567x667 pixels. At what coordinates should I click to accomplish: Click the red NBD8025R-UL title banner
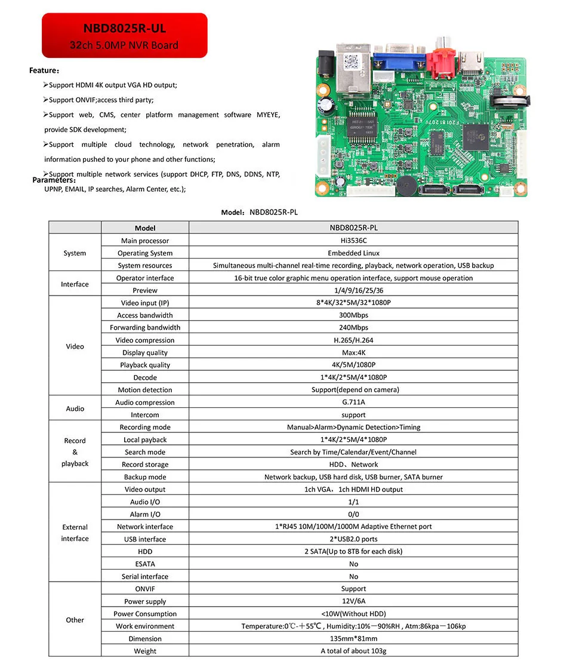tap(124, 36)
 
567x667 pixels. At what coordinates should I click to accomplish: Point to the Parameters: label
tap(54, 180)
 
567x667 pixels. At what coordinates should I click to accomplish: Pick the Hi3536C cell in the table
tap(353, 241)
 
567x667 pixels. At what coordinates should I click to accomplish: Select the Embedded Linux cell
tap(353, 253)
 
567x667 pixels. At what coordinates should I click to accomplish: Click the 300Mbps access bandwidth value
tap(353, 315)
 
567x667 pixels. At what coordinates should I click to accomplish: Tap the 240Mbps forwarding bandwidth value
tap(353, 327)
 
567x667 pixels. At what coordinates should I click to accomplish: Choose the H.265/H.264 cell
tap(353, 340)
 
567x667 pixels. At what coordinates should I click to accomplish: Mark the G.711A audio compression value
tap(353, 402)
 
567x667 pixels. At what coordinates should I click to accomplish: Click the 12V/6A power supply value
tap(353, 601)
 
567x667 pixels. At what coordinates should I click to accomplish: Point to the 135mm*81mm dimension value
tap(353, 638)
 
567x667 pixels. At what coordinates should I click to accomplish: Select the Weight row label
tap(145, 651)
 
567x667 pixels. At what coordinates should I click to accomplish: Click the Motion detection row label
tap(145, 390)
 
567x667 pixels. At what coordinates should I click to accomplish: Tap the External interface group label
tap(75, 533)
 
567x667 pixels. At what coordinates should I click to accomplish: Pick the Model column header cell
tap(145, 228)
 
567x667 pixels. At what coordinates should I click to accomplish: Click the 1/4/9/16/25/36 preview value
tap(353, 290)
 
